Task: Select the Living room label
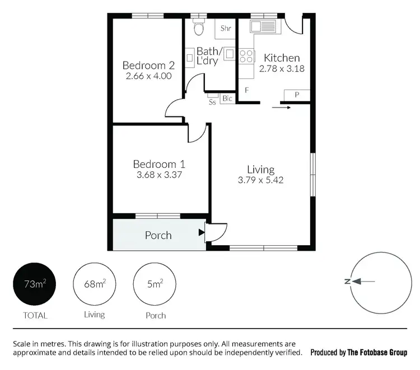[x=261, y=170]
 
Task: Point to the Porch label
[x=158, y=235]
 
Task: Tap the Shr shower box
[x=226, y=29]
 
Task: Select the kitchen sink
[x=261, y=26]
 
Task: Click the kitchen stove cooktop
[x=245, y=55]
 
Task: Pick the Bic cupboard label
[x=227, y=99]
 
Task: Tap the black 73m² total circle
[x=35, y=285]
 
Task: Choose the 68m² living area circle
[x=94, y=285]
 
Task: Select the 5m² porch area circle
[x=155, y=285]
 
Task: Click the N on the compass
[x=347, y=282]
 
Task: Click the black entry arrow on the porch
[x=201, y=231]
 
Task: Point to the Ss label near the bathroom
[x=212, y=102]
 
